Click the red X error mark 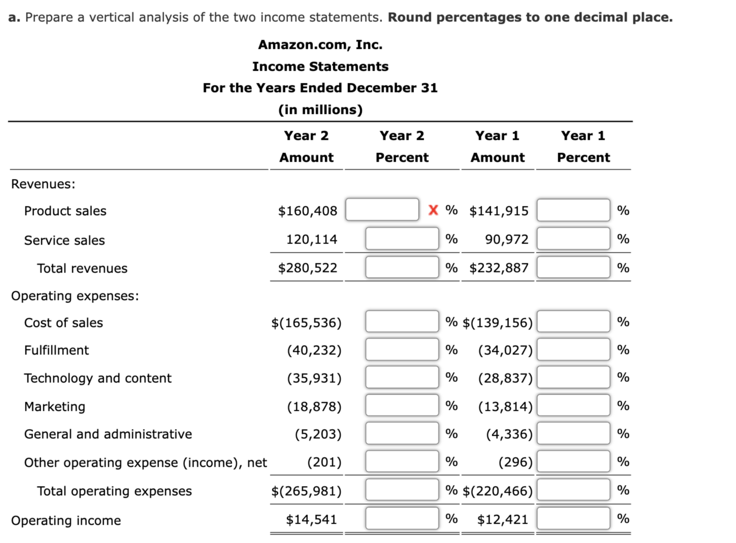(433, 210)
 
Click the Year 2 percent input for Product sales (382, 210)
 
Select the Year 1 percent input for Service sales (573, 239)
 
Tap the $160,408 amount (307, 211)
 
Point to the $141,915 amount (498, 211)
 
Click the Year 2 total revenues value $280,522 (307, 268)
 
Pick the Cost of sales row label (63, 323)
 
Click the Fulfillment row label (56, 350)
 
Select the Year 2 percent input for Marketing (402, 406)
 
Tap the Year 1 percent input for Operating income (573, 519)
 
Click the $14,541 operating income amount (311, 520)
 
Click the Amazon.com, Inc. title (320, 45)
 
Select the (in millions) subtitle (320, 110)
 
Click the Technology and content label (98, 378)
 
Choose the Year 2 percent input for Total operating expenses (402, 490)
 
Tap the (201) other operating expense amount (324, 462)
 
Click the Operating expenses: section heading (75, 296)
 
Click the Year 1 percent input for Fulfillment (573, 350)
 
